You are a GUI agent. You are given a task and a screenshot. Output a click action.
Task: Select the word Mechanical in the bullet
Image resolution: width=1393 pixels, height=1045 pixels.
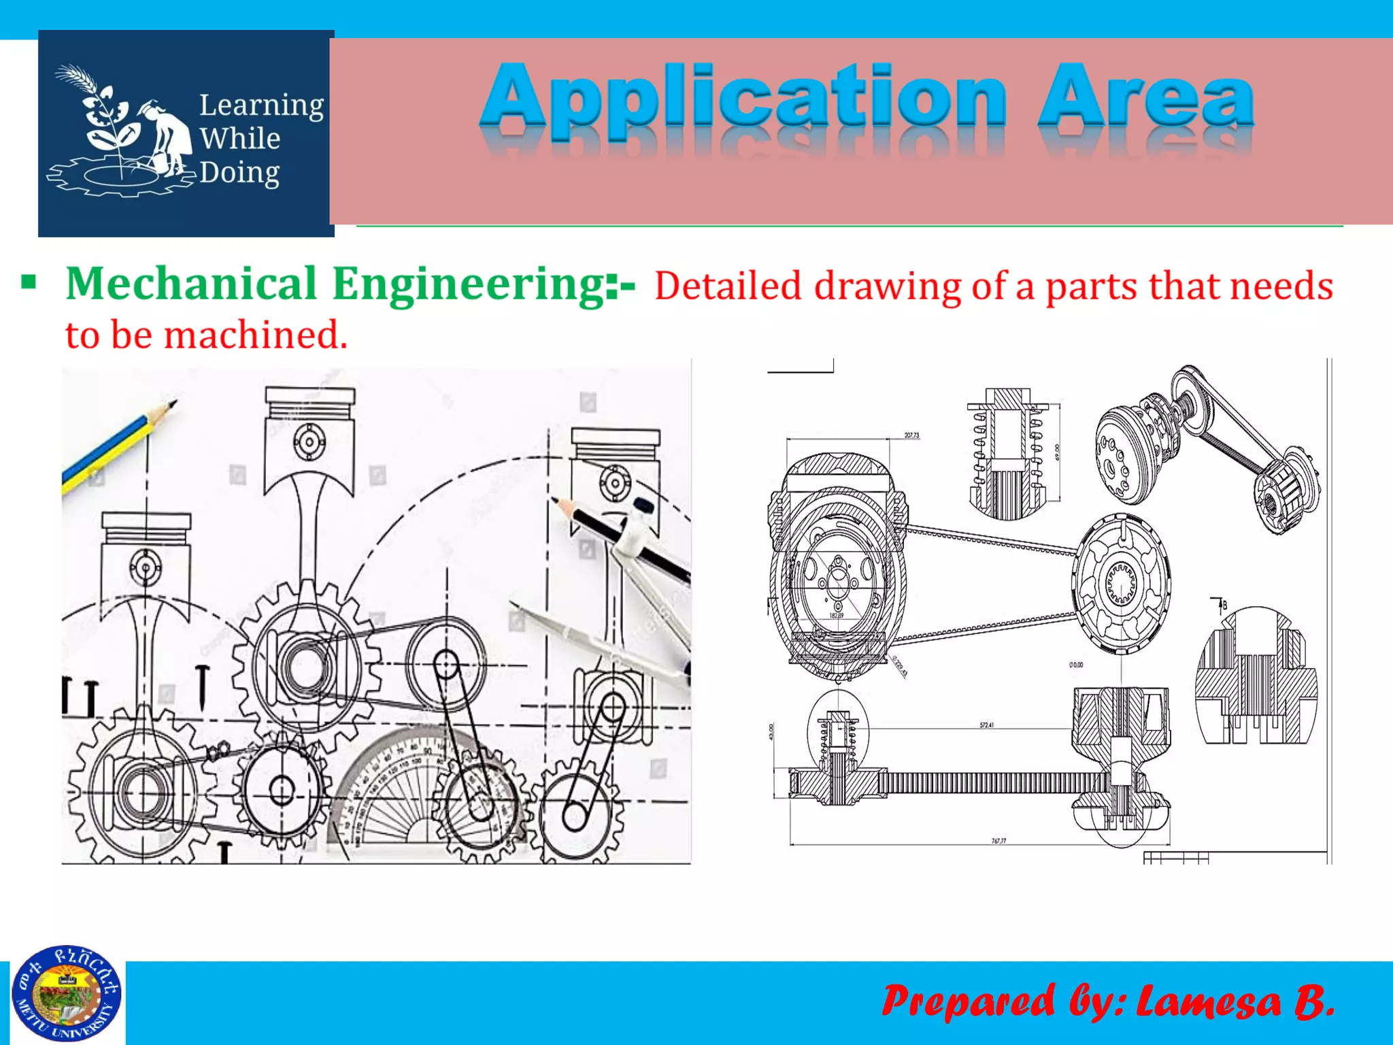pyautogui.click(x=191, y=283)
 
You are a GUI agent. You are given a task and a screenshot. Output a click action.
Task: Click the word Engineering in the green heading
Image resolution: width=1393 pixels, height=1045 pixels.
pyautogui.click(x=469, y=284)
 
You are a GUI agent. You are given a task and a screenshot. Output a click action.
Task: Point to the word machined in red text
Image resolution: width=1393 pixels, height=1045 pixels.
pyautogui.click(x=255, y=335)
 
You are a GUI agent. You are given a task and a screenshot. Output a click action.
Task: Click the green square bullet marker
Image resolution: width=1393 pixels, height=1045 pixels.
pyautogui.click(x=29, y=282)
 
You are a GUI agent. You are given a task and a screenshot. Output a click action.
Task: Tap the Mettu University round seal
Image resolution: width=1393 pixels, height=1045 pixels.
pyautogui.click(x=67, y=994)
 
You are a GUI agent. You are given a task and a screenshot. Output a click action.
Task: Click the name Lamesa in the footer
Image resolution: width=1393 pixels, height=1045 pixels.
pyautogui.click(x=1208, y=1001)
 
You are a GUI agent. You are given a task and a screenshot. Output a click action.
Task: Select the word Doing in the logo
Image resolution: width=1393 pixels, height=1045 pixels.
pyautogui.click(x=239, y=173)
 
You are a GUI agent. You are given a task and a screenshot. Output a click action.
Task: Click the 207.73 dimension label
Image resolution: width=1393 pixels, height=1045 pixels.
pyautogui.click(x=911, y=435)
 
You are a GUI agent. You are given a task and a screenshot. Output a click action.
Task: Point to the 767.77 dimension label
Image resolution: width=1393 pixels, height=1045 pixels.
pyautogui.click(x=998, y=841)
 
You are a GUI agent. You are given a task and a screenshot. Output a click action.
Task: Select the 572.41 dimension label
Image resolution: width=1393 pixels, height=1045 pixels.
pyautogui.click(x=986, y=725)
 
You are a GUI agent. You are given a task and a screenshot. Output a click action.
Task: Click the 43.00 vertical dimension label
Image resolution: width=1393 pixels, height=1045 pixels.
pyautogui.click(x=771, y=732)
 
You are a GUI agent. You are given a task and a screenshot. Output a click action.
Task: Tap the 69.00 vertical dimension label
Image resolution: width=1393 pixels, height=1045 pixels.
pyautogui.click(x=1057, y=452)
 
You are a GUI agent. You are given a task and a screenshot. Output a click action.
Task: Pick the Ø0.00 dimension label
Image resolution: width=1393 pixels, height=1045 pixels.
pyautogui.click(x=1076, y=665)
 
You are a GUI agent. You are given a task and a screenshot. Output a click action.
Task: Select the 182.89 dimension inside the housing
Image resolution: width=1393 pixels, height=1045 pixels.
pyautogui.click(x=836, y=616)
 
